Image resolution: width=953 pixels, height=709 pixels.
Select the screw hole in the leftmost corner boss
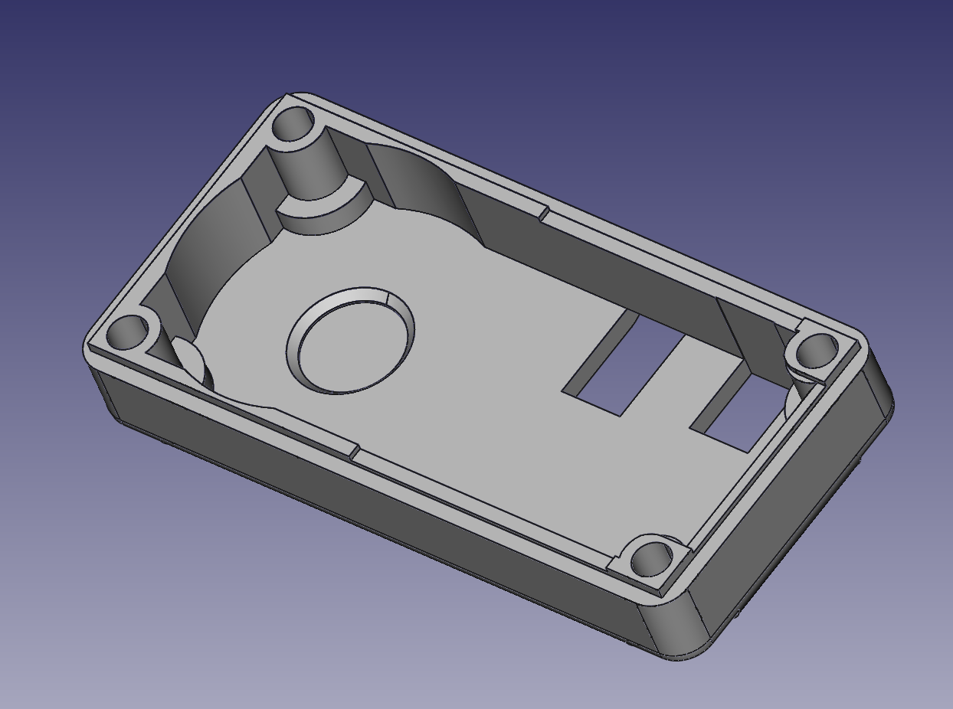[126, 333]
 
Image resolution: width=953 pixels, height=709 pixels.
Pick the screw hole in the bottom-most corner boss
[653, 560]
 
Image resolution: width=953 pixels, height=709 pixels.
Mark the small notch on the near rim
[355, 453]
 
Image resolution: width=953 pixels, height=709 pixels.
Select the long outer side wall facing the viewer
[368, 505]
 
